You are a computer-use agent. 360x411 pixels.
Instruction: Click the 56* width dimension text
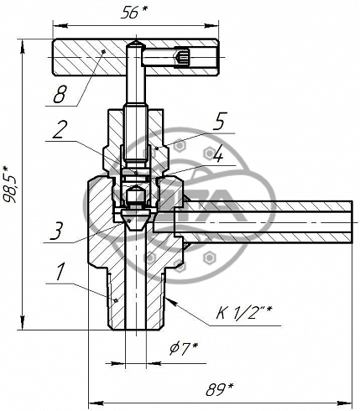(x=133, y=13)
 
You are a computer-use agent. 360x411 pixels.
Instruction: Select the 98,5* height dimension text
(x=10, y=184)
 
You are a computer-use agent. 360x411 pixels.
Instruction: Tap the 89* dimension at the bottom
(x=220, y=389)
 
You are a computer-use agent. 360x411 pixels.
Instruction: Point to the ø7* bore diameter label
(x=184, y=349)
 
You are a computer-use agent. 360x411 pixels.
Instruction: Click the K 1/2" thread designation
(x=244, y=312)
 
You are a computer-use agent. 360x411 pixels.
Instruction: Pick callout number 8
(x=60, y=94)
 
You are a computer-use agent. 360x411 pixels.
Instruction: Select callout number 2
(x=60, y=130)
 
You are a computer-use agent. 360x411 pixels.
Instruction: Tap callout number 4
(x=218, y=154)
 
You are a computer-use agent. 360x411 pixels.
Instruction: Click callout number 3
(x=58, y=231)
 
